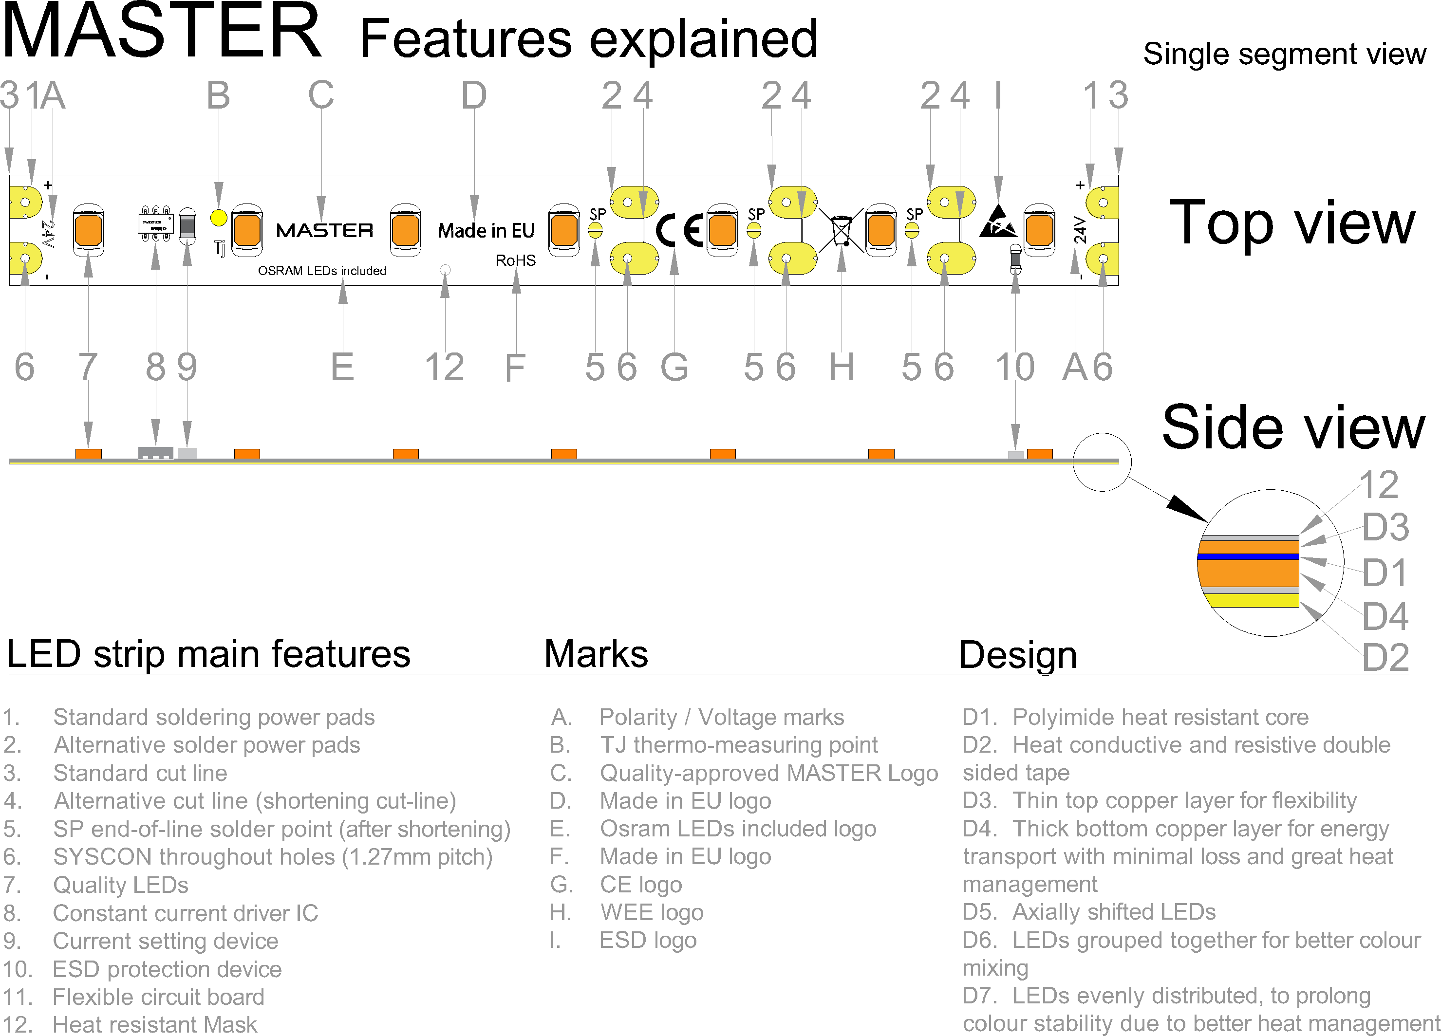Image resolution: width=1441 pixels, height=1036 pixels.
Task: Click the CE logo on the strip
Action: [678, 230]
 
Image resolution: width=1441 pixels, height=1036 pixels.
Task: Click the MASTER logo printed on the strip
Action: [325, 230]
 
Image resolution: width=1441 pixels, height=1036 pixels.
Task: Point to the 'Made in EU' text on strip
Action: [486, 230]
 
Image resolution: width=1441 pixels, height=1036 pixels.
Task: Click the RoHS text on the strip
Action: [515, 260]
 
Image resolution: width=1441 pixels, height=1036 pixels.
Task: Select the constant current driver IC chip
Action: [156, 223]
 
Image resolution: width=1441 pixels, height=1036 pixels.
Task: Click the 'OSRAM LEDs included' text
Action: [321, 271]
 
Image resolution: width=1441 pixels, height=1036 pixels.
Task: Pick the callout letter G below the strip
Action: [674, 367]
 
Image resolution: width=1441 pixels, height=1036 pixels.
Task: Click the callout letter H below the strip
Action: [841, 367]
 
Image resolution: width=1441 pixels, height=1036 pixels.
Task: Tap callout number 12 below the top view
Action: [444, 367]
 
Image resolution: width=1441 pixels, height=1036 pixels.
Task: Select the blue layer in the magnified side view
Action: [1248, 556]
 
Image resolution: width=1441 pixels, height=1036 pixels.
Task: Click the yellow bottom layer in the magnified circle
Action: [1251, 600]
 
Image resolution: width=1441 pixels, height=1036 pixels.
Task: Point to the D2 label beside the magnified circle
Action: [1385, 657]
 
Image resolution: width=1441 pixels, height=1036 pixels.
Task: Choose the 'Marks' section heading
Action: [596, 654]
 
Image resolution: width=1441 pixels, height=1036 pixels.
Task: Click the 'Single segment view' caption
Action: [1284, 54]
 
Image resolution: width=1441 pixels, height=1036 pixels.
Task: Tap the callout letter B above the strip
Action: [218, 96]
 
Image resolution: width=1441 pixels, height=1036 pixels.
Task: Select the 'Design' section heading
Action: [1017, 655]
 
